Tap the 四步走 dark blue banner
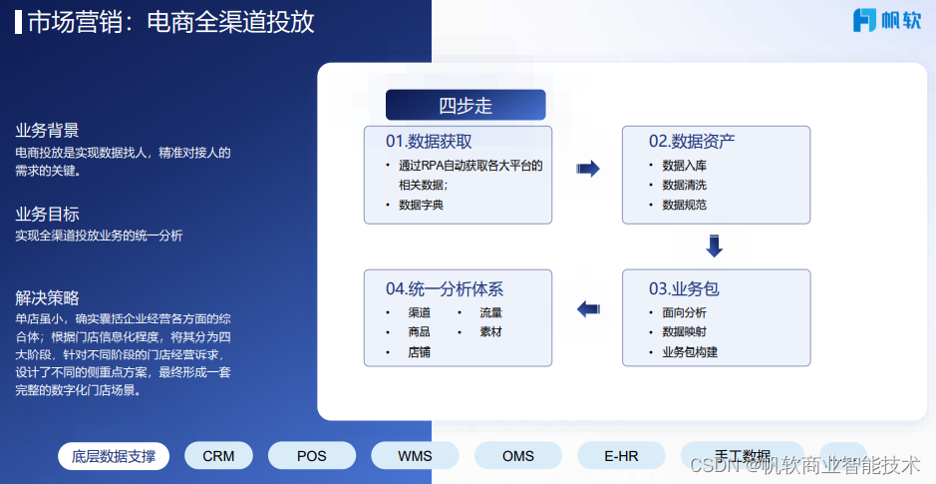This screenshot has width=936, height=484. (x=466, y=105)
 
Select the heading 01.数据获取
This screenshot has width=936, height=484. (x=430, y=141)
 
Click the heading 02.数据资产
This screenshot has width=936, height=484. (x=692, y=141)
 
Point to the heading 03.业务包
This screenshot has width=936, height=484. (x=684, y=288)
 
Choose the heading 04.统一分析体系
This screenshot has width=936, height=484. (x=445, y=288)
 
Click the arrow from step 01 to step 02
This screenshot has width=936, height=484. (x=588, y=169)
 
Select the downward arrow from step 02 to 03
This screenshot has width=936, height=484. (x=714, y=245)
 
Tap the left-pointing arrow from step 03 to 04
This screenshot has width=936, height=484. (x=588, y=309)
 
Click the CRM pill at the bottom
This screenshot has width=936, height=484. (x=218, y=456)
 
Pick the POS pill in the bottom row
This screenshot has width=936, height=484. (x=312, y=456)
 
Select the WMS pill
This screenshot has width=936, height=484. (x=415, y=456)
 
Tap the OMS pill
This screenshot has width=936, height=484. (x=518, y=456)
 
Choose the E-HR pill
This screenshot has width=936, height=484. (x=621, y=456)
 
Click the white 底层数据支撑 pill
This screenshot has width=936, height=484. (x=114, y=456)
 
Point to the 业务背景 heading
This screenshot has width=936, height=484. (x=47, y=131)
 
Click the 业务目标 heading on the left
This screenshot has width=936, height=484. (x=47, y=215)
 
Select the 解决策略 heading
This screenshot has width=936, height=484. (x=47, y=297)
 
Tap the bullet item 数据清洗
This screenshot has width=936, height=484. (x=685, y=185)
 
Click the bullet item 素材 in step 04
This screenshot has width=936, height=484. (x=490, y=331)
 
